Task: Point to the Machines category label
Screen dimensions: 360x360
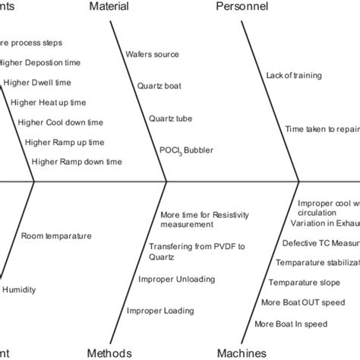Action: [x=242, y=352]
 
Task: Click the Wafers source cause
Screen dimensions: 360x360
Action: [x=153, y=54]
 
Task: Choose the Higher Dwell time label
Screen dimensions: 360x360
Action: [x=39, y=82]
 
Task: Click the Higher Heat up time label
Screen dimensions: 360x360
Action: [x=46, y=102]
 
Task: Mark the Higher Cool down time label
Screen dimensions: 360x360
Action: [x=55, y=122]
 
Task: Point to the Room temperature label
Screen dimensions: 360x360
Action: [x=56, y=236]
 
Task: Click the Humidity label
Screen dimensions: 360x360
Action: [x=19, y=289]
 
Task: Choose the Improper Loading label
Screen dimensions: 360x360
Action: [x=160, y=310]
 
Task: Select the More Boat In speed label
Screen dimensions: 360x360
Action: [x=291, y=324]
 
